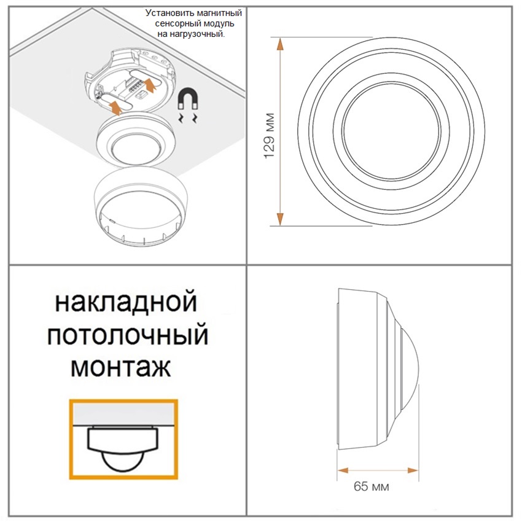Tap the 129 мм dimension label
tap(270, 136)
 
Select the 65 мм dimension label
tap(371, 486)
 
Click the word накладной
tap(126, 302)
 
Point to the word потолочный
tap(128, 335)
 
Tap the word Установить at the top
tap(166, 14)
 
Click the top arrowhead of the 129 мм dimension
tap(280, 44)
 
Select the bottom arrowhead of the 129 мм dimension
tap(280, 218)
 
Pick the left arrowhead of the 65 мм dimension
tap(343, 470)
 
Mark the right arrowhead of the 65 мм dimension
tap(413, 470)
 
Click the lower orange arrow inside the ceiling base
tap(115, 107)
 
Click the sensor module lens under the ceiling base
tap(135, 149)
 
